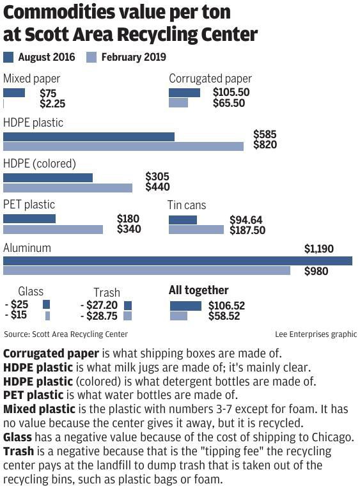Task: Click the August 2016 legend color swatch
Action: click(x=8, y=58)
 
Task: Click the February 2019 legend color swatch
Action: click(x=91, y=58)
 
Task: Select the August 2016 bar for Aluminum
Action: click(x=178, y=260)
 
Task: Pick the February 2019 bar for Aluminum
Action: click(x=147, y=270)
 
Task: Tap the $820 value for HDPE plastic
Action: click(x=265, y=145)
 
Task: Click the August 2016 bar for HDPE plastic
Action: click(x=89, y=136)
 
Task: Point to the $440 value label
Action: click(x=157, y=187)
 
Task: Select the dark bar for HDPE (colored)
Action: click(x=48, y=177)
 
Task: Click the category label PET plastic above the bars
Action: click(x=29, y=205)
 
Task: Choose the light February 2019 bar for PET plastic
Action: click(x=53, y=229)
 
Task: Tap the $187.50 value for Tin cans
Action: click(x=247, y=230)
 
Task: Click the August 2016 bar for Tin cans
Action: click(x=183, y=220)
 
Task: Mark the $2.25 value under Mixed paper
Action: click(x=52, y=103)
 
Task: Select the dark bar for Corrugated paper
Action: click(x=185, y=93)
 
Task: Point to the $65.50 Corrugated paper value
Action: click(x=229, y=103)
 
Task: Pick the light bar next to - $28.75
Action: click(x=127, y=316)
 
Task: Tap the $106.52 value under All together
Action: click(x=226, y=306)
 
